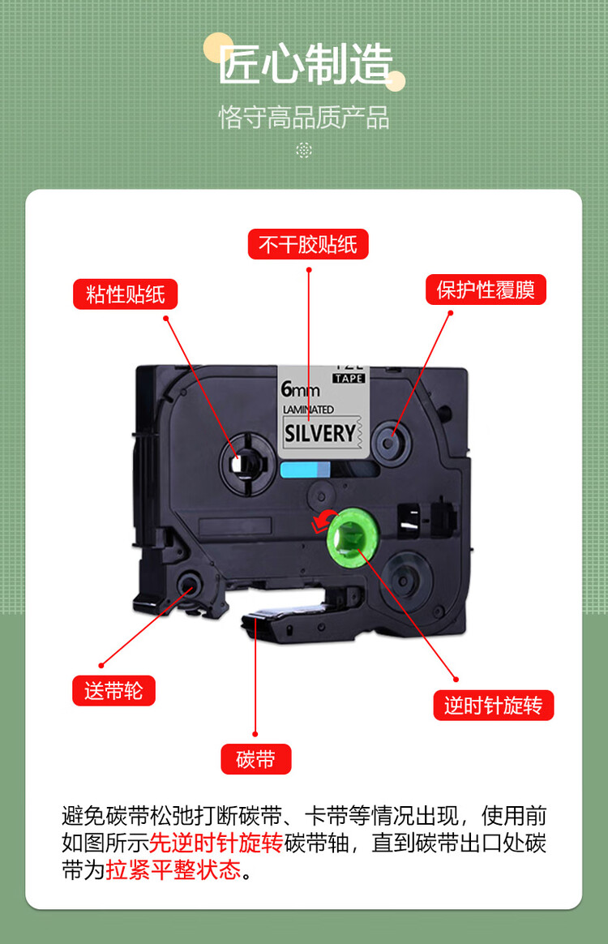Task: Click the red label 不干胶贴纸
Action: pyautogui.click(x=308, y=244)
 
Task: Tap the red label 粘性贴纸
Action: pyautogui.click(x=125, y=294)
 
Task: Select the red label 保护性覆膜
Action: pyautogui.click(x=486, y=290)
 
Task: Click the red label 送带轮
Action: pyautogui.click(x=113, y=690)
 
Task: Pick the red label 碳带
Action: pyautogui.click(x=256, y=759)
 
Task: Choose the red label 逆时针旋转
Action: pyautogui.click(x=494, y=705)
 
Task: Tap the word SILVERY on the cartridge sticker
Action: pyautogui.click(x=319, y=433)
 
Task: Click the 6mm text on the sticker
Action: pyautogui.click(x=300, y=389)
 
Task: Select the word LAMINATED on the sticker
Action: pyautogui.click(x=308, y=410)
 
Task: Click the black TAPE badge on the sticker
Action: pyautogui.click(x=349, y=378)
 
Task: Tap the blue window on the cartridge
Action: pyautogui.click(x=305, y=470)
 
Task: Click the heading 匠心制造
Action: pyautogui.click(x=305, y=64)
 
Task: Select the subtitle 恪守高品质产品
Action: pyautogui.click(x=304, y=118)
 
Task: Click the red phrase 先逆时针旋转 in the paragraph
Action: pyautogui.click(x=216, y=843)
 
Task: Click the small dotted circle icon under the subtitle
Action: pyautogui.click(x=304, y=150)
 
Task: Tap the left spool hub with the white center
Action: pyautogui.click(x=246, y=464)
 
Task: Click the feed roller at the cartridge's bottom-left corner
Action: pyautogui.click(x=186, y=584)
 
